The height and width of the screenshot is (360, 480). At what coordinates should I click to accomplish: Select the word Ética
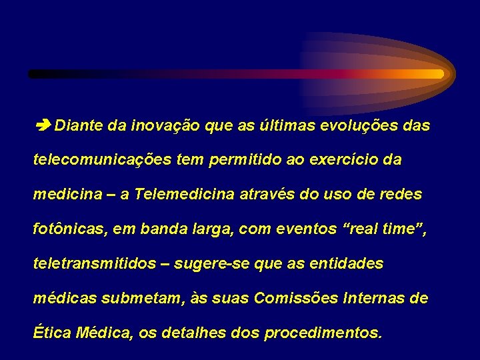(x=50, y=333)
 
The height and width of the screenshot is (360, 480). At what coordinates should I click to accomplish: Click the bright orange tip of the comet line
(x=433, y=74)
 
